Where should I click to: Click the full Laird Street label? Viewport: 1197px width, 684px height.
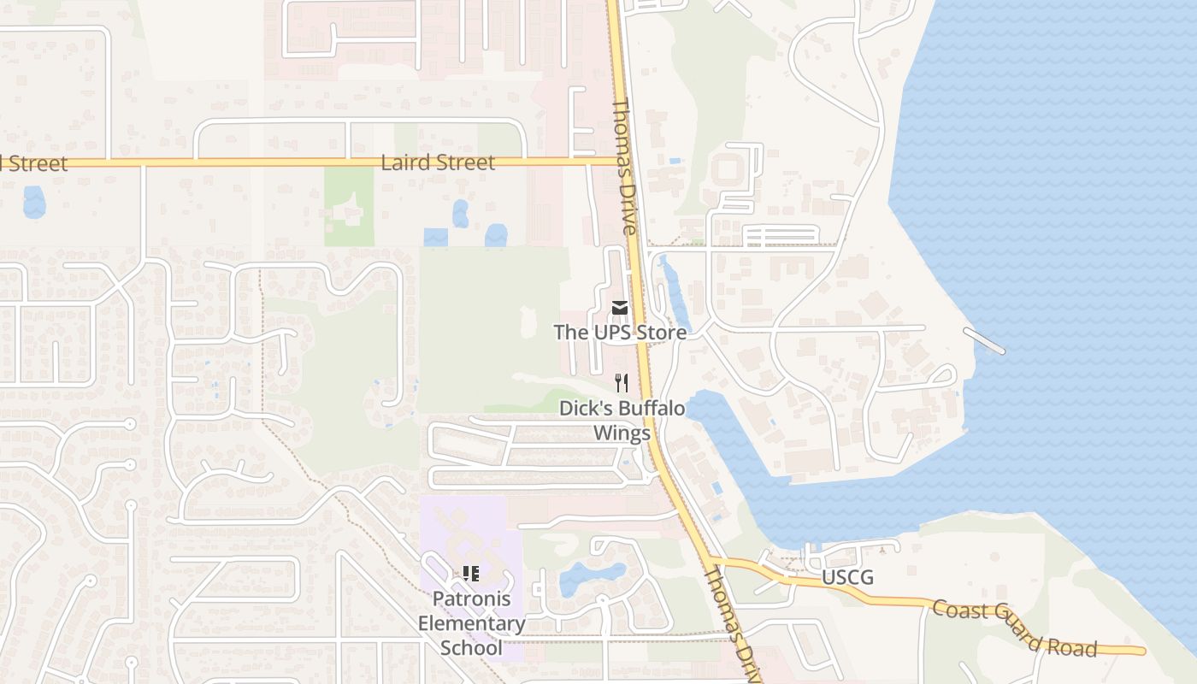click(438, 162)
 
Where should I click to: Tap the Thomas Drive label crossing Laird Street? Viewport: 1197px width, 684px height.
click(624, 167)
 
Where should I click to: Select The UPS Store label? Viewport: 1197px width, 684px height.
click(620, 332)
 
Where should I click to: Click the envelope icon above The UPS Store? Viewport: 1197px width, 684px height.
click(620, 307)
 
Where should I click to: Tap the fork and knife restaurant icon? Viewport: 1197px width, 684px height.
click(622, 383)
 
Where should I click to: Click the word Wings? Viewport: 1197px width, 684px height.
click(622, 433)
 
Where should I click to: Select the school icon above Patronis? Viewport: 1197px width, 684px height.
click(470, 574)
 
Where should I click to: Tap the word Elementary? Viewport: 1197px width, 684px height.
click(471, 623)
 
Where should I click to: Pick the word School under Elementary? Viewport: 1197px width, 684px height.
click(471, 647)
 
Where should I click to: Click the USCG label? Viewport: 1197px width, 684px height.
click(847, 578)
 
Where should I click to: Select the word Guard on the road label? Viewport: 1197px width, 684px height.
click(1014, 628)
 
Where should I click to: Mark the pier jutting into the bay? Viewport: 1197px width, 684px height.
click(984, 341)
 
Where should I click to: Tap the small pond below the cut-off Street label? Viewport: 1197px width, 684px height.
click(34, 202)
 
